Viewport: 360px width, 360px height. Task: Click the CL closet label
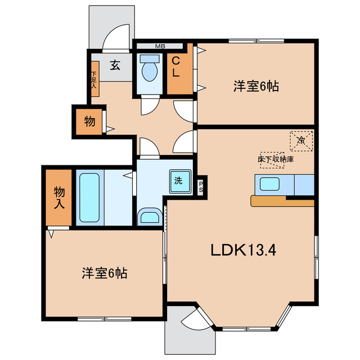(x=176, y=66)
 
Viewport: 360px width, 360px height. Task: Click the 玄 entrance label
(x=115, y=66)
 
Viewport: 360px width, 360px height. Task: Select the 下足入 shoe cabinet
(x=94, y=79)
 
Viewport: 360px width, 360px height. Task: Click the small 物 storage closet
(x=90, y=121)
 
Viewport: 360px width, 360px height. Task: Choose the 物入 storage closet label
(x=58, y=197)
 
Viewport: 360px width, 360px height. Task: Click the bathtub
(x=89, y=197)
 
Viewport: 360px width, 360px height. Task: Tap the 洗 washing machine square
(x=178, y=181)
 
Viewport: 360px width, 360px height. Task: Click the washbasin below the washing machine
(x=149, y=218)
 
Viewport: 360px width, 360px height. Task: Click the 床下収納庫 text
(x=276, y=159)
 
